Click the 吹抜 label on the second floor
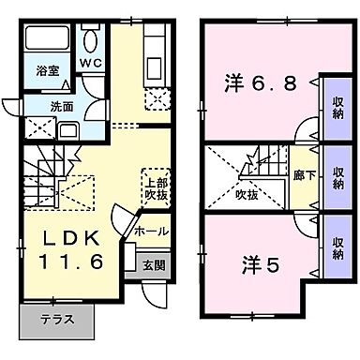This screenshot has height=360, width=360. (x=247, y=194)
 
